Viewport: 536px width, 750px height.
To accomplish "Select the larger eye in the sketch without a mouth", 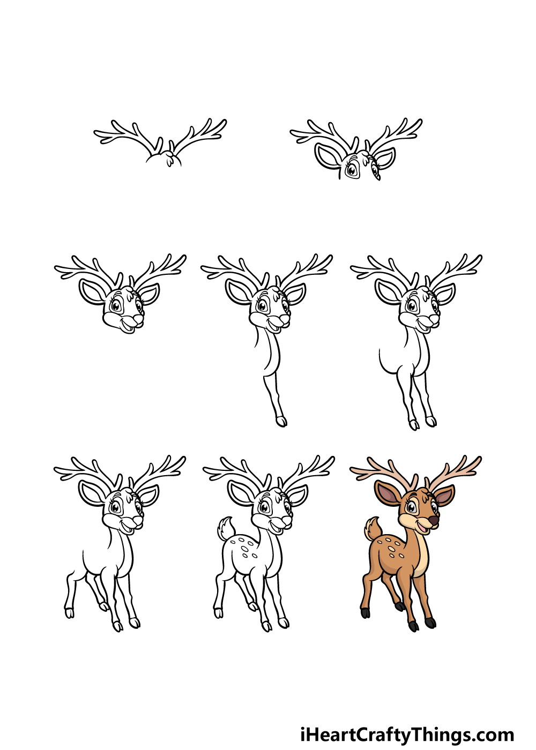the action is (x=352, y=170).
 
